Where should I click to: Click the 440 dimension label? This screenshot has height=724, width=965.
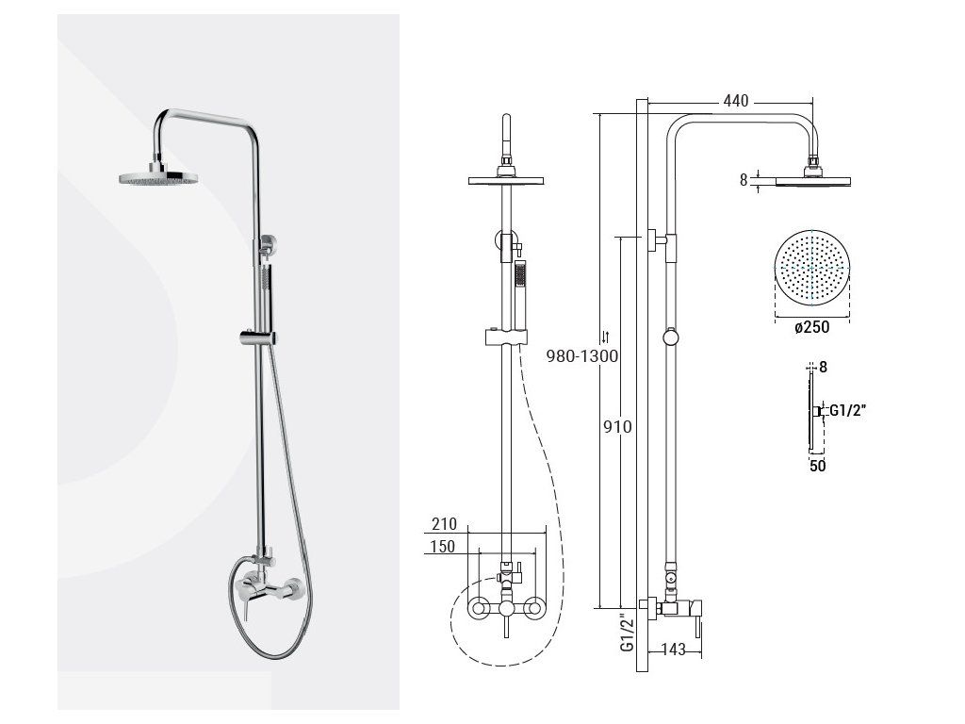(736, 101)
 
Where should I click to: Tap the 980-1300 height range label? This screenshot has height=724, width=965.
(582, 355)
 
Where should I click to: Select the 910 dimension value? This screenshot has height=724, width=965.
(617, 427)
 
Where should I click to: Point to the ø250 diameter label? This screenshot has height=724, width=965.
(811, 327)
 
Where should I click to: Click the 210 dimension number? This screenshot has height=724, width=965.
(444, 524)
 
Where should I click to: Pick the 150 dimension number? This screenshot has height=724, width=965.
(443, 547)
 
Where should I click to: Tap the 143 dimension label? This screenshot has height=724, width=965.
(673, 650)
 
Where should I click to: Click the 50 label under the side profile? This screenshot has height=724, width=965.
(817, 466)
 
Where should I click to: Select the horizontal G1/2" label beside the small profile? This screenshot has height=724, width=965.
(848, 410)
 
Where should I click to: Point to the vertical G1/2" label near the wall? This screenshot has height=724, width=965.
(627, 633)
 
